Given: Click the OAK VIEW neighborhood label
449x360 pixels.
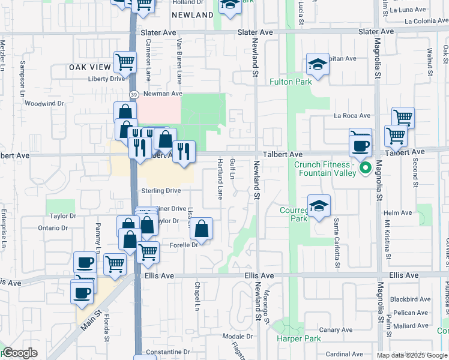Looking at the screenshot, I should (90, 67).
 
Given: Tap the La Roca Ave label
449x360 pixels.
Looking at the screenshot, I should (352, 115).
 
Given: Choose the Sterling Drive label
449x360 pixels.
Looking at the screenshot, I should (161, 191).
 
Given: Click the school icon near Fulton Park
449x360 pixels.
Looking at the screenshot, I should (318, 64).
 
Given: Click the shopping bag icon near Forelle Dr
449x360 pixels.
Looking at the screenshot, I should (201, 228).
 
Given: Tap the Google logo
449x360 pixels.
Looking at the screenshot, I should (20, 353).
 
